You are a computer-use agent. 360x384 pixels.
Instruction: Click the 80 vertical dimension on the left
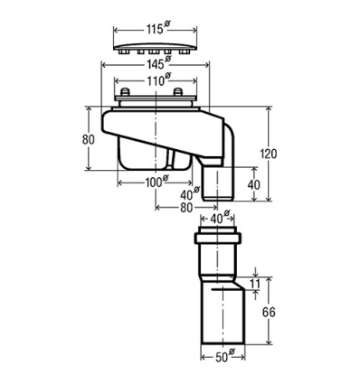click(88, 139)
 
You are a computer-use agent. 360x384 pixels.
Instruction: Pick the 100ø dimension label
click(155, 182)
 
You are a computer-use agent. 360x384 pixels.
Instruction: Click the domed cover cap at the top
click(154, 45)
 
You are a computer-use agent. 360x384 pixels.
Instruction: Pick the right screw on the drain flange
click(179, 93)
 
